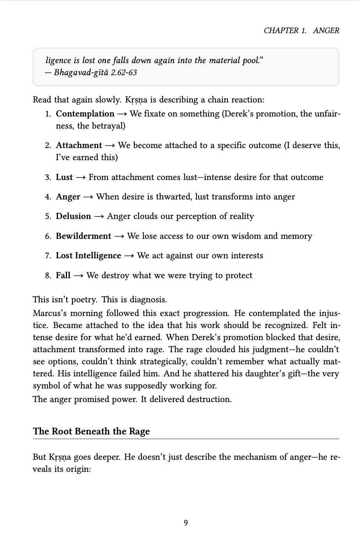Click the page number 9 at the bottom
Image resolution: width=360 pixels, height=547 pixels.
click(x=186, y=522)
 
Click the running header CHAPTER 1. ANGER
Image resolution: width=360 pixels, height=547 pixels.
click(x=301, y=30)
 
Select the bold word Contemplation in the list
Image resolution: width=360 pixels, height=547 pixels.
click(x=85, y=114)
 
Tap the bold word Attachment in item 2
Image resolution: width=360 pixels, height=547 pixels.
click(x=79, y=145)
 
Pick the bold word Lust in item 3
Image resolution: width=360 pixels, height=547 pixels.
click(x=64, y=177)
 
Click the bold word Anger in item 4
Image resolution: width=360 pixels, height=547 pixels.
click(x=68, y=197)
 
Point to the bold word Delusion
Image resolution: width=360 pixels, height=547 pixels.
click(x=73, y=216)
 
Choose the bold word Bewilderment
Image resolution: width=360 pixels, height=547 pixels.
click(x=83, y=236)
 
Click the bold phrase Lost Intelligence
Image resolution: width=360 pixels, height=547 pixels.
click(x=88, y=256)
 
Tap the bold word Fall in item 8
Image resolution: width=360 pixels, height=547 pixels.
click(x=63, y=275)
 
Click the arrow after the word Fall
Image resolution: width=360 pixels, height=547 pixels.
click(x=78, y=276)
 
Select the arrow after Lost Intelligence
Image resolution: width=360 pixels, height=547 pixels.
click(x=129, y=256)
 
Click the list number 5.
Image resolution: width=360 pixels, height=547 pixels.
click(x=48, y=216)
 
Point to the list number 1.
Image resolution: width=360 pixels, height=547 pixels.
click(x=48, y=114)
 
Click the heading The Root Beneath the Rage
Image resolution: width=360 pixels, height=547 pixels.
click(x=91, y=431)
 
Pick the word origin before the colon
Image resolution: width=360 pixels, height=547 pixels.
click(x=77, y=469)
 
